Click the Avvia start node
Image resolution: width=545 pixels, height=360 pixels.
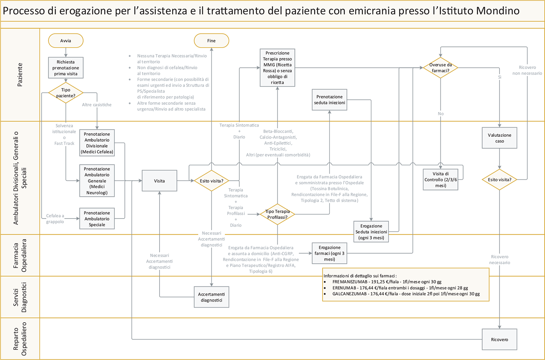tap(66, 41)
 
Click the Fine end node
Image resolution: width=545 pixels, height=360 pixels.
tap(211, 41)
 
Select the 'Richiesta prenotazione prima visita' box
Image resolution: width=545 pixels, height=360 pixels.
tap(66, 68)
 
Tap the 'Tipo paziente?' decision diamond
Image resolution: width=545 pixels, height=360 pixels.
tap(66, 93)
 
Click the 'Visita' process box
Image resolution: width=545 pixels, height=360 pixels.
tap(159, 181)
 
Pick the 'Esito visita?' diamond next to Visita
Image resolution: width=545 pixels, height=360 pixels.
tap(211, 181)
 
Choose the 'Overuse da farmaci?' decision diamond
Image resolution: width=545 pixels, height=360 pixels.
tap(440, 68)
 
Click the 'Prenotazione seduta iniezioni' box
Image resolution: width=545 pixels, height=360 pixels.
tap(329, 100)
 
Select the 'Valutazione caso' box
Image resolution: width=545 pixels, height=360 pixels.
tap(499, 138)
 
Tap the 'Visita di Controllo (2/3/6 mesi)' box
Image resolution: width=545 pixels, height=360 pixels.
tap(441, 180)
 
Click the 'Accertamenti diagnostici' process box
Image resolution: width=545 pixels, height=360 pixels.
tap(211, 297)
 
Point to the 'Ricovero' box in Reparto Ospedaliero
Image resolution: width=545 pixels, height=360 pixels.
tap(499, 340)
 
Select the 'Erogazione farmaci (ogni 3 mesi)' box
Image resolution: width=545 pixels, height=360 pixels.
tap(329, 253)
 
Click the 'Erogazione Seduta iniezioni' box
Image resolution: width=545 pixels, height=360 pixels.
tap(371, 232)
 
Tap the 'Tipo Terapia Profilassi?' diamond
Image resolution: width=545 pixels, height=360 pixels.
tap(278, 214)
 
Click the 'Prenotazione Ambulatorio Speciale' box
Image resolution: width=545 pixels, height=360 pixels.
tap(97, 219)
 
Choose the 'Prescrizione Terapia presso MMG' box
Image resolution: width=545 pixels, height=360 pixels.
tap(277, 68)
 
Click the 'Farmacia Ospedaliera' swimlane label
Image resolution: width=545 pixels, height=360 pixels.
tap(20, 255)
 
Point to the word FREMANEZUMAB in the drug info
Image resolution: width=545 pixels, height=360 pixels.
tap(349, 282)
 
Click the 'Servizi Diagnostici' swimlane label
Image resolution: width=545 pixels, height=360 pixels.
tap(20, 297)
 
